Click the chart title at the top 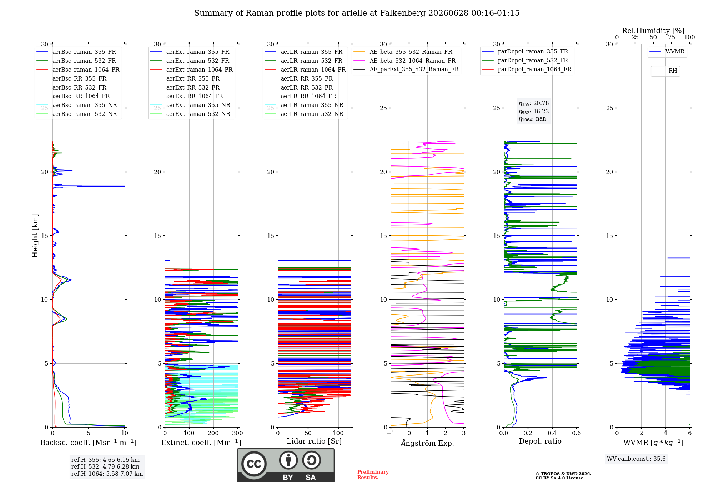[x=357, y=13]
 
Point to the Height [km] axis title [x=35, y=236]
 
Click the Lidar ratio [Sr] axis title [x=314, y=441]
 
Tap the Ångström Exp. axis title [x=427, y=443]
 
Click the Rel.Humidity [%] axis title [x=653, y=31]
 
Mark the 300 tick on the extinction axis [x=237, y=433]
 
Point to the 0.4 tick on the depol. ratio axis [x=552, y=433]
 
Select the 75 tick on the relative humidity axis [x=671, y=37]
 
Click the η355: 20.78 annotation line [x=534, y=103]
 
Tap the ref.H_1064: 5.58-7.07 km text [x=107, y=474]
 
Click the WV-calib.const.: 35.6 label [x=636, y=459]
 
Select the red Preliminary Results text [x=373, y=475]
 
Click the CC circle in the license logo [x=254, y=464]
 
